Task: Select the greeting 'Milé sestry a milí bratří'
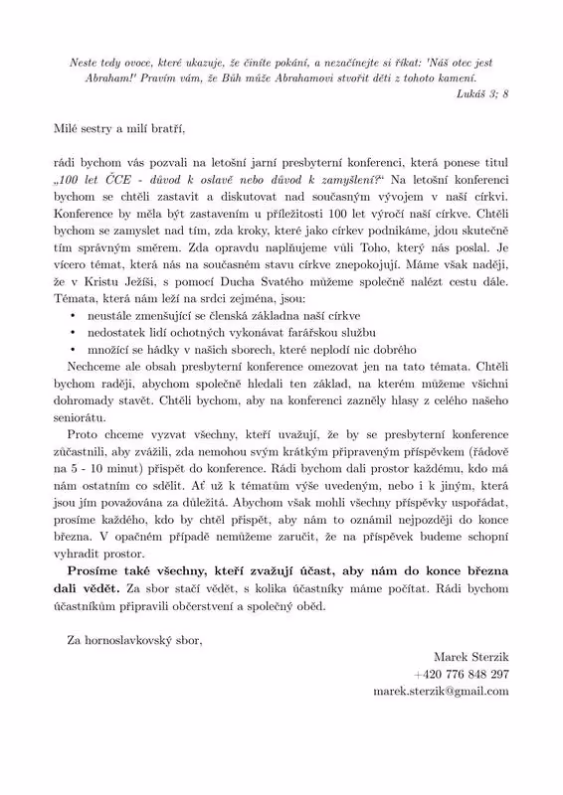tap(121, 128)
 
